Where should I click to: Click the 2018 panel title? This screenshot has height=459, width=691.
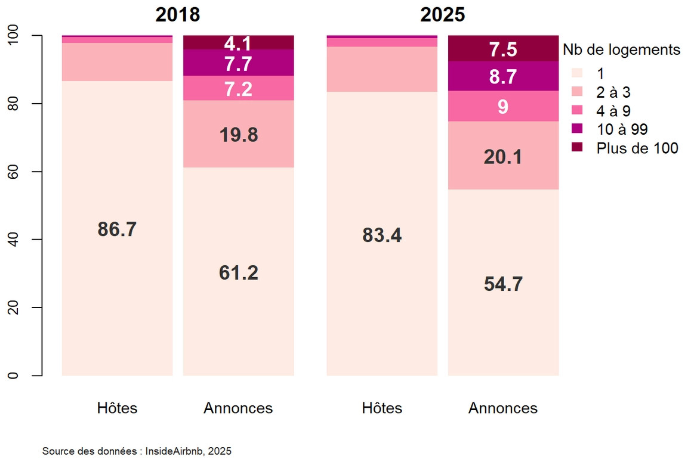tap(178, 14)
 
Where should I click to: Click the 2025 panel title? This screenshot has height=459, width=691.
tap(442, 14)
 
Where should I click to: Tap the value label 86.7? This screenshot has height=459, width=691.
tap(117, 229)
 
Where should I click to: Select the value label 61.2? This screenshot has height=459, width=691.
tap(239, 273)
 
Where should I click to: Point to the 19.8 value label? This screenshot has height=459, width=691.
tap(239, 135)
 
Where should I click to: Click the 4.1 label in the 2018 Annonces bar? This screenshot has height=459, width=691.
tap(238, 44)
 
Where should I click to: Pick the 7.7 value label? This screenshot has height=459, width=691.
tap(238, 64)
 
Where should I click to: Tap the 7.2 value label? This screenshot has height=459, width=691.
tap(238, 89)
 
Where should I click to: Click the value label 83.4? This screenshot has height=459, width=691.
tap(382, 235)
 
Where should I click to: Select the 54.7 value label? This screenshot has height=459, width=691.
tap(503, 284)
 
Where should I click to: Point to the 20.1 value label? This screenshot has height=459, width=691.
tap(503, 157)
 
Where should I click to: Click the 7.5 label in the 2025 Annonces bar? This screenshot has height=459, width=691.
tap(503, 49)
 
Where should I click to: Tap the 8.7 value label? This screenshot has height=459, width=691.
tap(503, 77)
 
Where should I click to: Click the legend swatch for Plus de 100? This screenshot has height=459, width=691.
tap(577, 147)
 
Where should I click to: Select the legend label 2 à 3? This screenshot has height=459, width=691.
tap(613, 92)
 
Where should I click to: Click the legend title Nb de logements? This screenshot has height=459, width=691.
tap(621, 49)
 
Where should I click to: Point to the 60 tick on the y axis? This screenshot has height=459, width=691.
tap(13, 172)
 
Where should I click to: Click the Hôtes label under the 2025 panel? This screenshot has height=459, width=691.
tap(382, 408)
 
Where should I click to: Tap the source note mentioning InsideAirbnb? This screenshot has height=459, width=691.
tap(137, 451)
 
